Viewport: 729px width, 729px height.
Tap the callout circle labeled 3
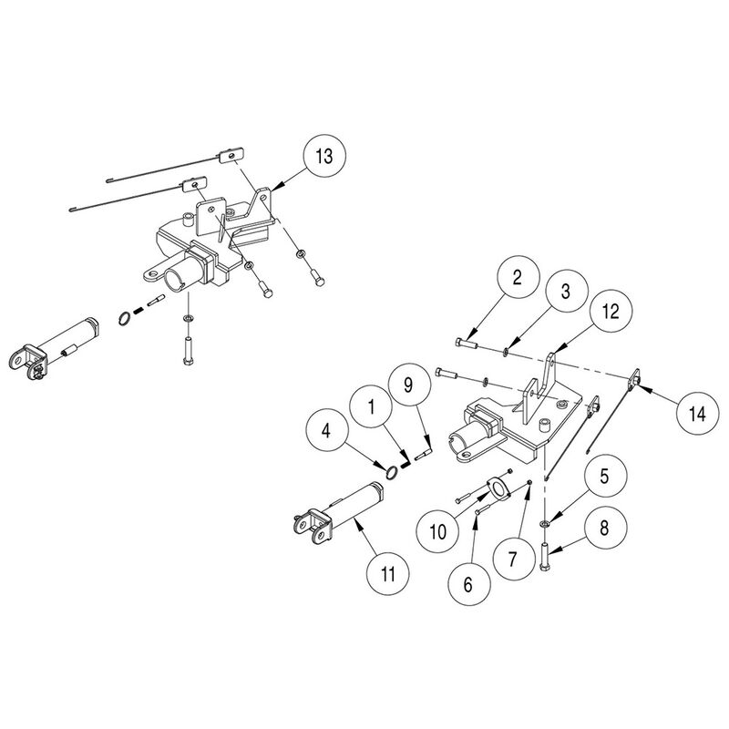point(564,292)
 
